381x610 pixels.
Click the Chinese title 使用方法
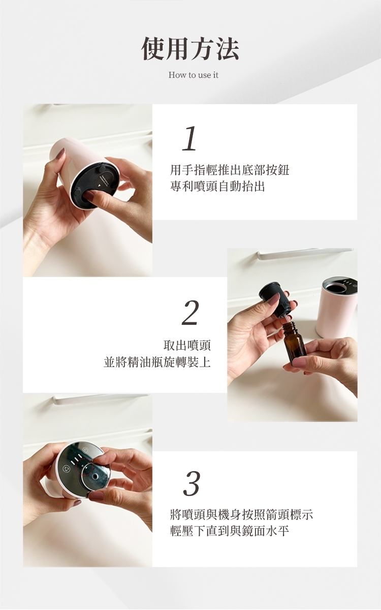(x=190, y=49)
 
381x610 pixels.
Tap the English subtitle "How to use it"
(x=193, y=75)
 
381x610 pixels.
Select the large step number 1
(x=189, y=138)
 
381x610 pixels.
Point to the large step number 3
(x=192, y=483)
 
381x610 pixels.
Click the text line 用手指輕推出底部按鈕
(x=230, y=170)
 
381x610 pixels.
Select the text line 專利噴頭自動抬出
(x=217, y=187)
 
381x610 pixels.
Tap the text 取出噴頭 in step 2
(x=187, y=345)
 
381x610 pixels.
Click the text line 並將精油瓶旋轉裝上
(x=157, y=362)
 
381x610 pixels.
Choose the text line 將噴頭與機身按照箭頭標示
(x=241, y=514)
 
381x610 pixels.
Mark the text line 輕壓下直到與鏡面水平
(x=230, y=531)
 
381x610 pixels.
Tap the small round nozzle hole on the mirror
(x=96, y=477)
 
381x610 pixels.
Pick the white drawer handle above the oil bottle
(x=305, y=253)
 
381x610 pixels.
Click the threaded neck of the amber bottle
(x=289, y=327)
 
